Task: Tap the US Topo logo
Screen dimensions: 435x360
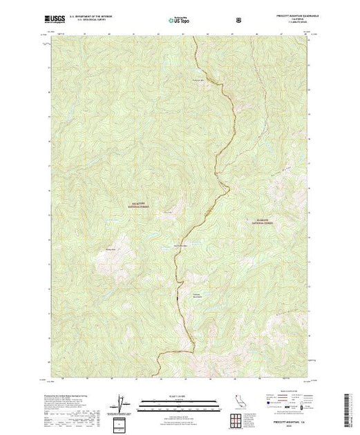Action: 180,21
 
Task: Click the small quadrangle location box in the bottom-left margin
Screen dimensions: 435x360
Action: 122,423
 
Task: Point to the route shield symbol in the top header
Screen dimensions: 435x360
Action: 239,21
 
